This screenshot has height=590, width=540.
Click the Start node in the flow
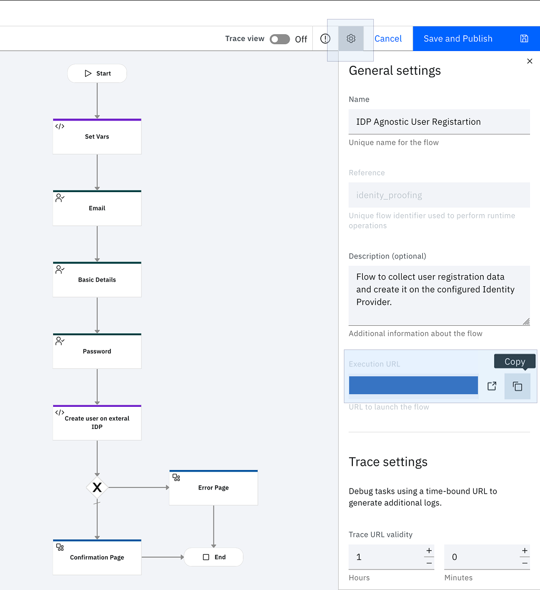(97, 73)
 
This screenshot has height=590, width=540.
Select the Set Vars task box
(97, 136)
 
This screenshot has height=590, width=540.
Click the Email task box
(97, 208)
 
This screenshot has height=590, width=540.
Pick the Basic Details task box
(97, 279)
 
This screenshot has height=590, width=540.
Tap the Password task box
(97, 351)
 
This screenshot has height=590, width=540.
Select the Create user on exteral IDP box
(97, 422)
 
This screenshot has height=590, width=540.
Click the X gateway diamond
(97, 487)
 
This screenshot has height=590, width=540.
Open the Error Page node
(213, 487)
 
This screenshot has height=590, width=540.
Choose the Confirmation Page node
(97, 557)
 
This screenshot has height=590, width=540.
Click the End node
(213, 557)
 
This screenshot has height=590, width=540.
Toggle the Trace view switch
(280, 39)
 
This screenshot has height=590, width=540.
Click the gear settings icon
(351, 38)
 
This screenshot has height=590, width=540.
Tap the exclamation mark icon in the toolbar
(325, 38)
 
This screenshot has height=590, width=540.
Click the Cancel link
(388, 38)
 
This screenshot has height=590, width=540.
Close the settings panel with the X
(529, 61)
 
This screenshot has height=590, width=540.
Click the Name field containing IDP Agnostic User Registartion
(439, 122)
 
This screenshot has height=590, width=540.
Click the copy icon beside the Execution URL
(517, 386)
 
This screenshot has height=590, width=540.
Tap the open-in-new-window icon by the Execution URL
(492, 386)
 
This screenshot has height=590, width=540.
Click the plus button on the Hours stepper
(429, 551)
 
